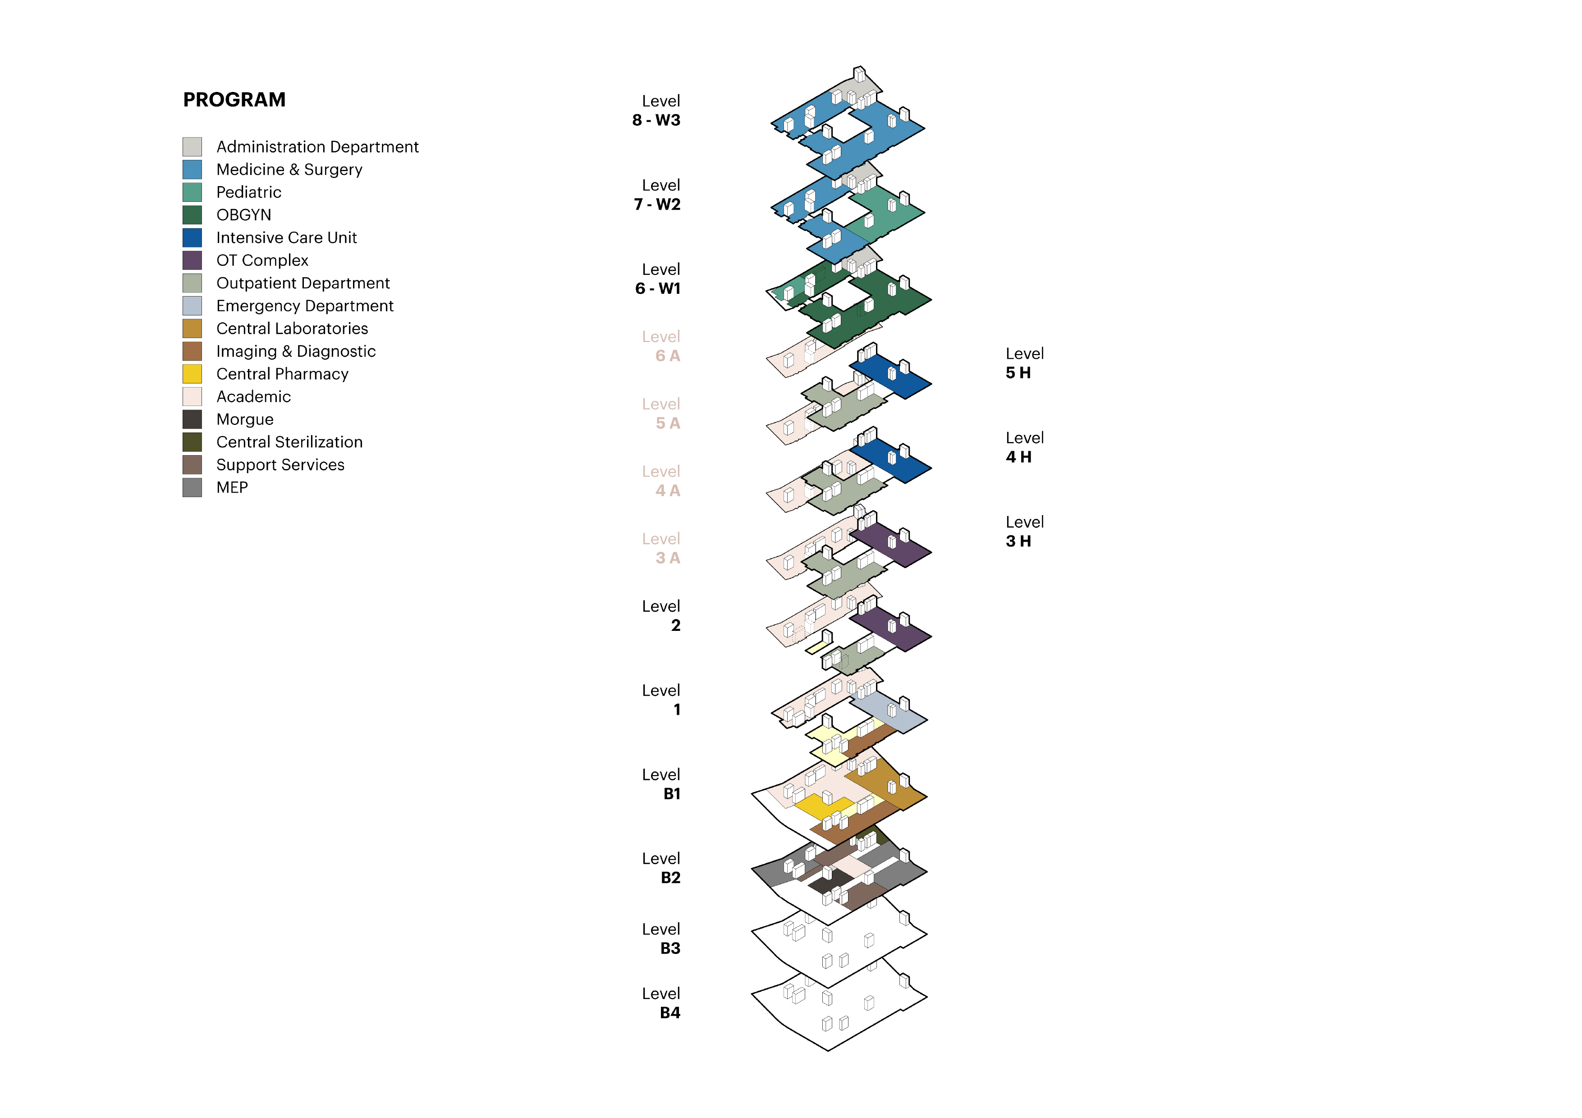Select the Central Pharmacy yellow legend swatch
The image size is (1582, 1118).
pyautogui.click(x=192, y=374)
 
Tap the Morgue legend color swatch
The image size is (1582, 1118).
pyautogui.click(x=192, y=420)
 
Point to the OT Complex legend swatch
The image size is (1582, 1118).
pyautogui.click(x=192, y=260)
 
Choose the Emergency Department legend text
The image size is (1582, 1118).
pyautogui.click(x=305, y=306)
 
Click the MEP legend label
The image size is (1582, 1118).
pyautogui.click(x=232, y=488)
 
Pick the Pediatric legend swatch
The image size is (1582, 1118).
pyautogui.click(x=192, y=192)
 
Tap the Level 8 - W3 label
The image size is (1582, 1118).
pyautogui.click(x=656, y=111)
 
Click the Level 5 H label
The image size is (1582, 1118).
pyautogui.click(x=1024, y=364)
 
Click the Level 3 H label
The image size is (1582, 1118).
pyautogui.click(x=1024, y=532)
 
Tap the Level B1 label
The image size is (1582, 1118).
pyautogui.click(x=661, y=784)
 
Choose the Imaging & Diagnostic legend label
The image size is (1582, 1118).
pyautogui.click(x=296, y=351)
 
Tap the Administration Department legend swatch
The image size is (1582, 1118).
pyautogui.click(x=192, y=147)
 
